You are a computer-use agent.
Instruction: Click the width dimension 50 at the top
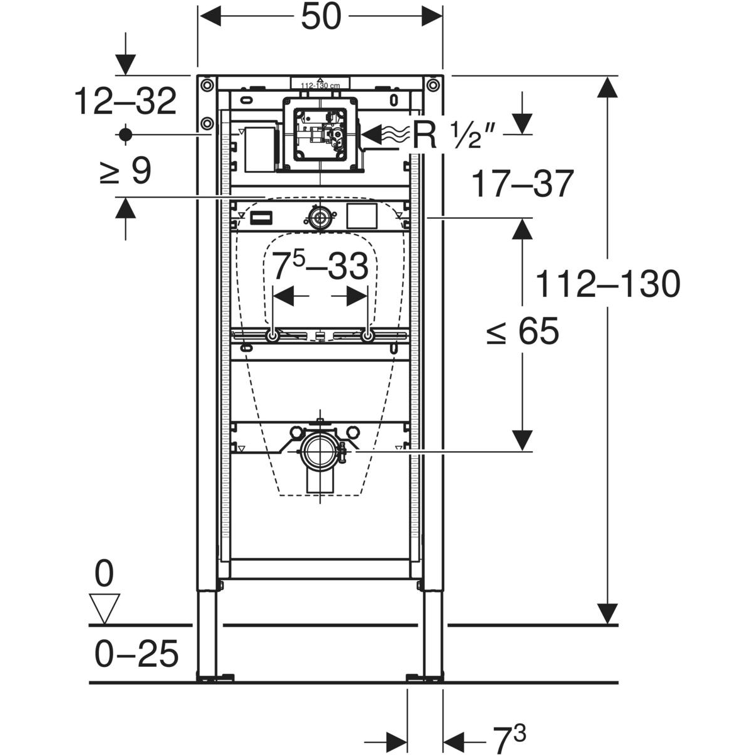tap(320, 17)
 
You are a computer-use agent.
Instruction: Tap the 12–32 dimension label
tap(125, 101)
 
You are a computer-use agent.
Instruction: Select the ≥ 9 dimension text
tap(125, 171)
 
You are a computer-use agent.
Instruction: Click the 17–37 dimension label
tap(522, 184)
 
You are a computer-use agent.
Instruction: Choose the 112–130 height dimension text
tap(607, 284)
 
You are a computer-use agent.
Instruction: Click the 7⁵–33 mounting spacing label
tap(320, 266)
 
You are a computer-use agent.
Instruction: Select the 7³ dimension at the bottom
tap(508, 739)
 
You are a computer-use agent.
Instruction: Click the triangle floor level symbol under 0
tap(104, 608)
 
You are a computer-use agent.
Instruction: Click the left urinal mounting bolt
tap(272, 337)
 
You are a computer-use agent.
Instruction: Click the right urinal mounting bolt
tap(368, 337)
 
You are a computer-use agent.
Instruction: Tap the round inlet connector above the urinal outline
tap(321, 219)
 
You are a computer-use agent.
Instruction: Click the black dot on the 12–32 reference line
tap(125, 134)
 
